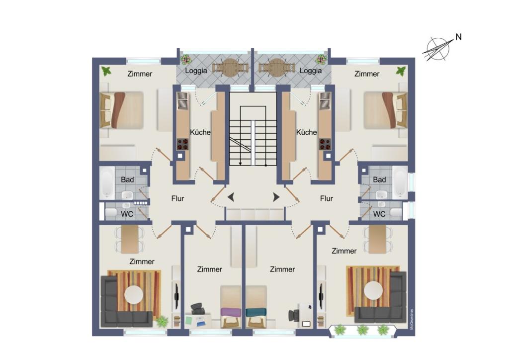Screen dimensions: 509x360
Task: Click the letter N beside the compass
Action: (x=458, y=37)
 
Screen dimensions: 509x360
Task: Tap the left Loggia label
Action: (x=196, y=71)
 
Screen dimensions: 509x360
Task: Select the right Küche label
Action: (x=306, y=132)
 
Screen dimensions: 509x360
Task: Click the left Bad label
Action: (x=127, y=180)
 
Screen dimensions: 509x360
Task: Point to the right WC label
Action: (x=379, y=214)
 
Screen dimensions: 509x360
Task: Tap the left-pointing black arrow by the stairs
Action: (x=231, y=197)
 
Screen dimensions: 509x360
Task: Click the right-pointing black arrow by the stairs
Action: (x=276, y=197)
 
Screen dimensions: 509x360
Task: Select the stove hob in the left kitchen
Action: (x=183, y=144)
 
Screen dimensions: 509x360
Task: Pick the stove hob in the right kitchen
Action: (x=325, y=144)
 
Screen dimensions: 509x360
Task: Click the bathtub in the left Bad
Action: (x=107, y=183)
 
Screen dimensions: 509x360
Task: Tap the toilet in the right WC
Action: (x=396, y=213)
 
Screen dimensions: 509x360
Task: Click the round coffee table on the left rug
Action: (x=134, y=294)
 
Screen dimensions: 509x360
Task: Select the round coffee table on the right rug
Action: (x=373, y=290)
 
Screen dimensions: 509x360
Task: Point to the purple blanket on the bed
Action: (x=231, y=312)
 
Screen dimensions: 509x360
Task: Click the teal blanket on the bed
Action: (x=256, y=312)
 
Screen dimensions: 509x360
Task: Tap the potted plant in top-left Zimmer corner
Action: (x=106, y=71)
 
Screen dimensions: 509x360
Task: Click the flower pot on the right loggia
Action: (x=322, y=59)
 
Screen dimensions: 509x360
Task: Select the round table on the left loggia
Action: (x=231, y=68)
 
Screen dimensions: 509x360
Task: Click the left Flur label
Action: (x=178, y=198)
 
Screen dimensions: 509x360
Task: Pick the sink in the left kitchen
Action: (x=183, y=100)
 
